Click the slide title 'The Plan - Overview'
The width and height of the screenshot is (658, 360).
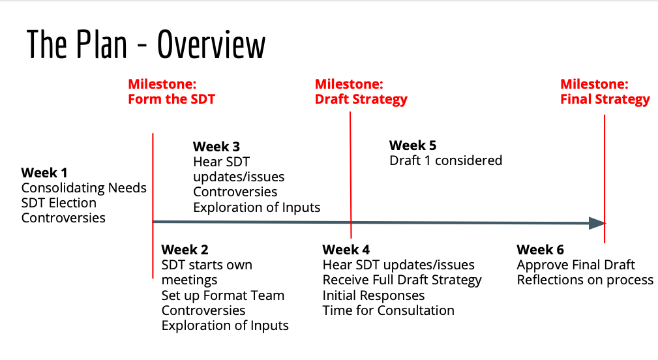tap(146, 44)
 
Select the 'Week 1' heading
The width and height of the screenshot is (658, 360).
tap(44, 172)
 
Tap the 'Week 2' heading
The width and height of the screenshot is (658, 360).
tap(185, 250)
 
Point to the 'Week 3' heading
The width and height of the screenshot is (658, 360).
tap(216, 147)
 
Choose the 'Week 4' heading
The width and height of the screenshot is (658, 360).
tap(346, 250)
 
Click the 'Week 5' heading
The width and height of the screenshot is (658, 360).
tap(413, 145)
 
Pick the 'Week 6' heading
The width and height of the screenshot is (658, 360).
tap(540, 250)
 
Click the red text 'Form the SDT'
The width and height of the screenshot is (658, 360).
tap(172, 99)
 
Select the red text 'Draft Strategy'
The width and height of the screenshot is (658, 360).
tap(361, 99)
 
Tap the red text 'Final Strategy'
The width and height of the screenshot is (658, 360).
tap(605, 99)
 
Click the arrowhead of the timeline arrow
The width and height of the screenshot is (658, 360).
tap(597, 223)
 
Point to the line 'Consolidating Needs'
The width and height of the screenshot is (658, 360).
tap(84, 188)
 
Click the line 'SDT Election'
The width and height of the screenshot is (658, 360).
tap(59, 203)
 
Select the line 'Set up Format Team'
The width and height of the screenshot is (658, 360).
tap(223, 296)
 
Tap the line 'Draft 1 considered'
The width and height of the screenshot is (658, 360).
tap(445, 160)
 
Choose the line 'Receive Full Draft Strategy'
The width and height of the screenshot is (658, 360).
tap(402, 280)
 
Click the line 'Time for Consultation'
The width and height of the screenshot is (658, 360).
tap(388, 310)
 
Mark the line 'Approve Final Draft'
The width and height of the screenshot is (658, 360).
tap(576, 265)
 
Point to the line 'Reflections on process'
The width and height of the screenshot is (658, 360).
tap(585, 280)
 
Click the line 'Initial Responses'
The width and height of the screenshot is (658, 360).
tap(374, 296)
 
